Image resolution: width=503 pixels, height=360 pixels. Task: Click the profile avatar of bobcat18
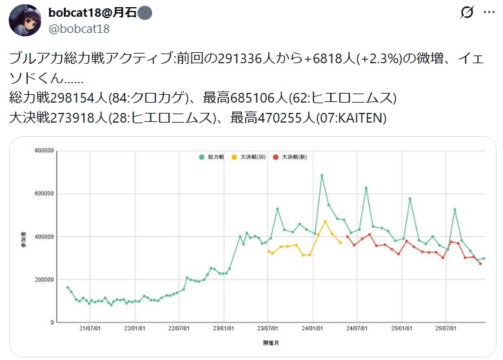(25, 20)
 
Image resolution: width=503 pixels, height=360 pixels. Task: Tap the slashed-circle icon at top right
(467, 12)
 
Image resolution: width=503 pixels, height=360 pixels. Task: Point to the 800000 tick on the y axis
(43, 151)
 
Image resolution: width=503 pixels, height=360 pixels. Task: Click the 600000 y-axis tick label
(43, 194)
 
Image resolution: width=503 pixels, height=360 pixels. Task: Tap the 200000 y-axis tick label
(43, 279)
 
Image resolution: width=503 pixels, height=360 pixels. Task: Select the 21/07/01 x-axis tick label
(89, 328)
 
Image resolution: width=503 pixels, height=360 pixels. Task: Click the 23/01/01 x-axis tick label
(223, 328)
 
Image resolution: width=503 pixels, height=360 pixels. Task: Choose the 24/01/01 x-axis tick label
(313, 328)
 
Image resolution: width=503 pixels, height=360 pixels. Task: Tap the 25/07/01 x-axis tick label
(446, 328)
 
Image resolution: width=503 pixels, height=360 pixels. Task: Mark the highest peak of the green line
(321, 175)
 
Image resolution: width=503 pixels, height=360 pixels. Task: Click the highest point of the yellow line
(325, 221)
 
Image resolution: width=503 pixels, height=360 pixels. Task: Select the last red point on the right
(480, 263)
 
